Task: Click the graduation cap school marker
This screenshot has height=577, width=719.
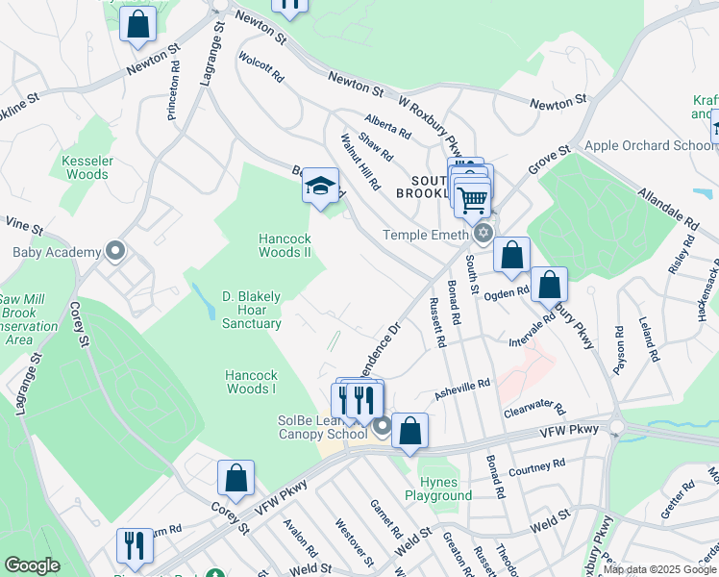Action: click(x=320, y=187)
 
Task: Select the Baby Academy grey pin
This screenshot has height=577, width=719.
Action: click(x=115, y=252)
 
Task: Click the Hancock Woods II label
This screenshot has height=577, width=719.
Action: click(x=285, y=245)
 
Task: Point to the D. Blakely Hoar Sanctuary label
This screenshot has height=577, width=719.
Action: click(x=251, y=310)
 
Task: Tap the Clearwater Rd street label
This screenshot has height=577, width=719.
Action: click(x=534, y=412)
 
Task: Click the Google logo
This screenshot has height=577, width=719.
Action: click(x=32, y=565)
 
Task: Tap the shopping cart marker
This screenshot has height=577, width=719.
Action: click(x=472, y=201)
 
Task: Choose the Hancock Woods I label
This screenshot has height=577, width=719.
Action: click(x=251, y=382)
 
